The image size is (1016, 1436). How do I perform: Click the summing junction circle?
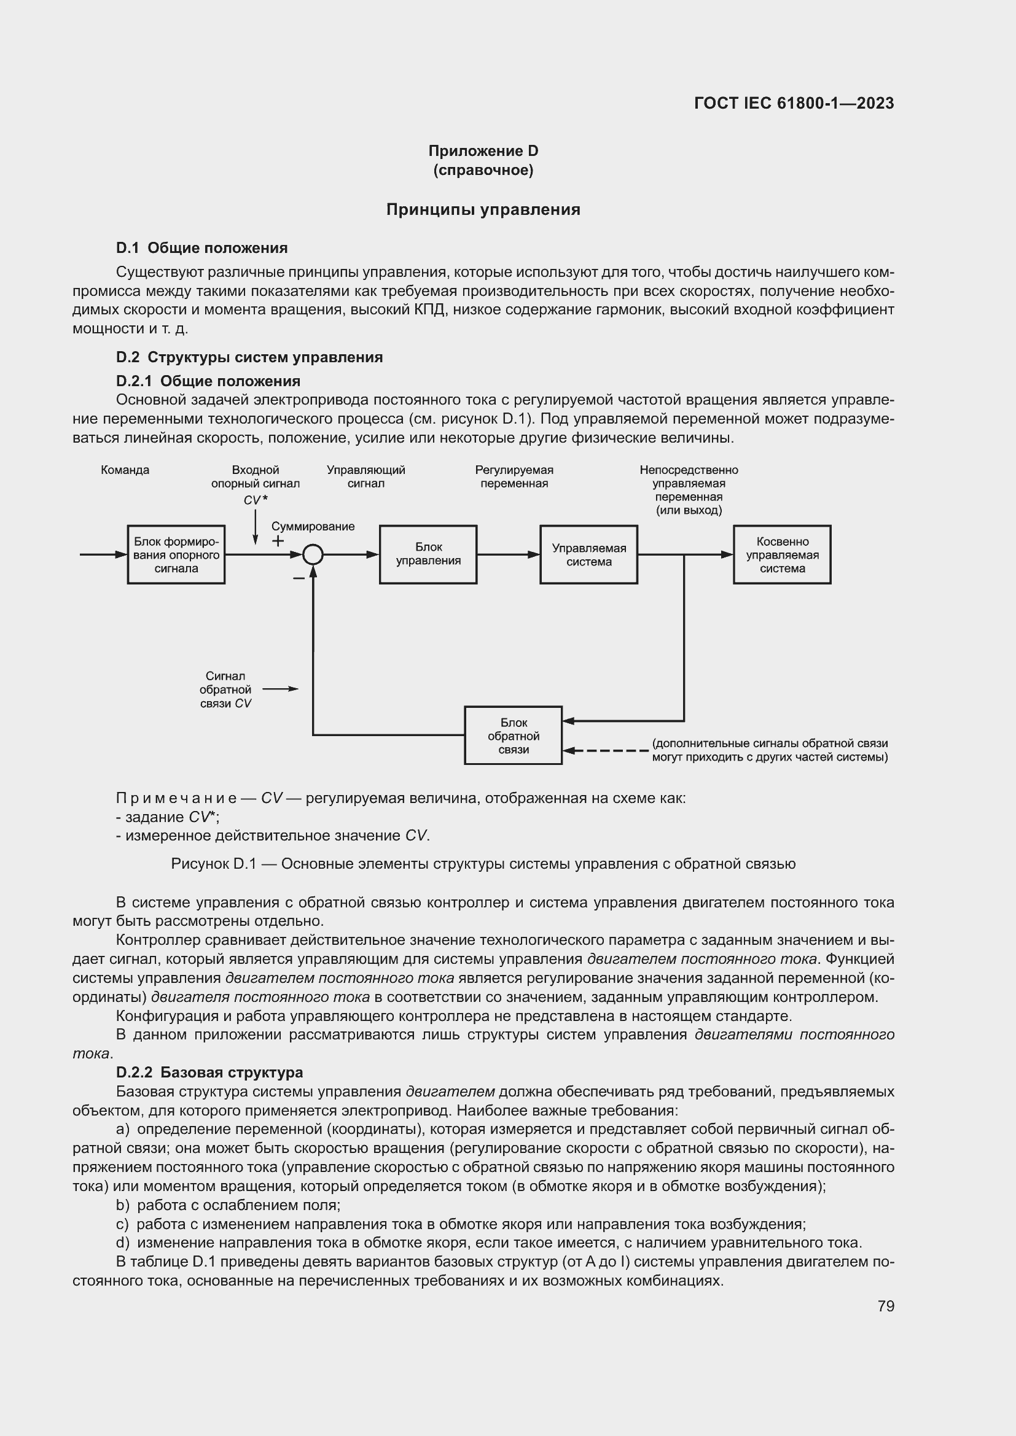313,554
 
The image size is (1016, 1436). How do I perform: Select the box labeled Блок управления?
428,554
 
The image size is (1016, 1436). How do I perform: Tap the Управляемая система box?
588,554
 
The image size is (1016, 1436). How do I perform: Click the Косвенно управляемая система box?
782,554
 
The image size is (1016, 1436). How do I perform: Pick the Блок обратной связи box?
513,735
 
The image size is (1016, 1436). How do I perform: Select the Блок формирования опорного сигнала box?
176,554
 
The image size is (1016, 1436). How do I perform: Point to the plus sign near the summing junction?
278,541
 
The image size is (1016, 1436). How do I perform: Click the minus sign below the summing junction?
299,578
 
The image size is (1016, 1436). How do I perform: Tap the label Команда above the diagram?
125,470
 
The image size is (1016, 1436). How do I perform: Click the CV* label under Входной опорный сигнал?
256,500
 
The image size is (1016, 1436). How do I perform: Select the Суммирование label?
313,527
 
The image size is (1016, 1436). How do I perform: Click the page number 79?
886,1306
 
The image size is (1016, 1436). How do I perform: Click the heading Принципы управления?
483,209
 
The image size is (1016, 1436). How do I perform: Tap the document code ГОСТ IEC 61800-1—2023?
794,103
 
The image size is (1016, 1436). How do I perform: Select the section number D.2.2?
134,1072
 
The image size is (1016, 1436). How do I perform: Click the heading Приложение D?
483,151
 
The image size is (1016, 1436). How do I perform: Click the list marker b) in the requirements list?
123,1205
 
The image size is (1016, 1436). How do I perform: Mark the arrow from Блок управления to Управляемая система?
508,554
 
